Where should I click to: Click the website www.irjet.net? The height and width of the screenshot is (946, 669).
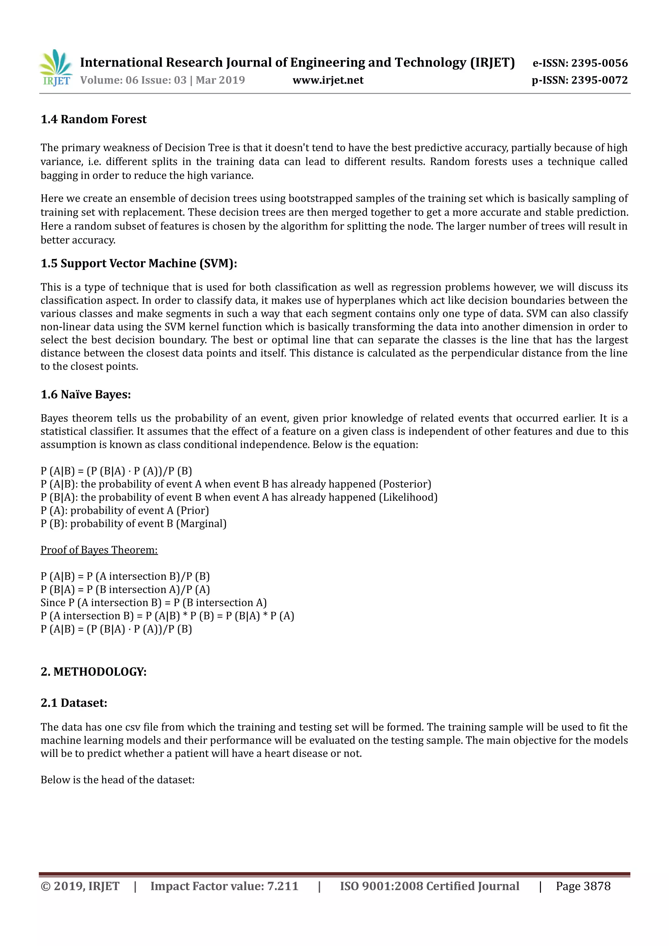point(328,80)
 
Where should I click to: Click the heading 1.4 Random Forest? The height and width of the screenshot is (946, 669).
point(93,120)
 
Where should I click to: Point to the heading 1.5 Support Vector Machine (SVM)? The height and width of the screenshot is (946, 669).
point(139,263)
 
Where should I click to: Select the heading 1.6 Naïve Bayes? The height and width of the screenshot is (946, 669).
point(86,394)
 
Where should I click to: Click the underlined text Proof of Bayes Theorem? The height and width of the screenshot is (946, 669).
point(99,550)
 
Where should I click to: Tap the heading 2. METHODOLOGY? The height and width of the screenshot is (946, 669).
point(93,672)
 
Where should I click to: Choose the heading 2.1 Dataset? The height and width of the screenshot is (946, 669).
point(74,703)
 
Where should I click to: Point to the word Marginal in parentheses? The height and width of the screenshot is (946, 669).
point(202,524)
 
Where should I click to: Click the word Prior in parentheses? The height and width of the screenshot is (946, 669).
point(193,511)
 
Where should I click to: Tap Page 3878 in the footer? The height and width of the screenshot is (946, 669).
point(583,886)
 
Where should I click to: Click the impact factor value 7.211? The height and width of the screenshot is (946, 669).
point(283,886)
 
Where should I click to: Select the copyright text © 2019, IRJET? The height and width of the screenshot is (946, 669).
point(80,886)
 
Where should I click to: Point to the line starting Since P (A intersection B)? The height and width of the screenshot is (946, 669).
point(153,603)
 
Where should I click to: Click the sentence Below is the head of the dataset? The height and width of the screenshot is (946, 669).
point(117,780)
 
